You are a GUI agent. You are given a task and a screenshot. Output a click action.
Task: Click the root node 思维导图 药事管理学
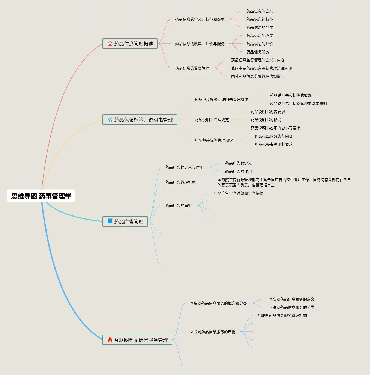point(41,196)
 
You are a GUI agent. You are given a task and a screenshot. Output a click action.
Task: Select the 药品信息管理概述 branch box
point(130,43)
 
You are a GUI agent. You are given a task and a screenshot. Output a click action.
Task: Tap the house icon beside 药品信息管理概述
point(110,43)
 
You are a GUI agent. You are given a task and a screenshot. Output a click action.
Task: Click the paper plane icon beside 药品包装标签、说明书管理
point(110,120)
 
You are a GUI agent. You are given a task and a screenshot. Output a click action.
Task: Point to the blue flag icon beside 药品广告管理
point(110,221)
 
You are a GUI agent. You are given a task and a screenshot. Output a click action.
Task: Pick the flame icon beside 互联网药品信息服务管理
point(110,340)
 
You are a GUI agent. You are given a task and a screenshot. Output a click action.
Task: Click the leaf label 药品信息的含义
point(259,11)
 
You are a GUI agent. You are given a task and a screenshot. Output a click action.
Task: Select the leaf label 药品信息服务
point(258,52)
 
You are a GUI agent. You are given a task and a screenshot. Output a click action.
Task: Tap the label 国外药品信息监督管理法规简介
point(258,76)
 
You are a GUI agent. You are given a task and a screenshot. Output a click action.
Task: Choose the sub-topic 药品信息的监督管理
point(192,68)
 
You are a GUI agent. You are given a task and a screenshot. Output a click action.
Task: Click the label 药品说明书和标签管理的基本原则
point(298,104)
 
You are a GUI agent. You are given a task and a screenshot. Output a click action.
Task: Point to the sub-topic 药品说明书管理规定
point(212,120)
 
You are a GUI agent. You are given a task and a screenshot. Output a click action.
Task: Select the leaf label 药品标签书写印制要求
point(273,144)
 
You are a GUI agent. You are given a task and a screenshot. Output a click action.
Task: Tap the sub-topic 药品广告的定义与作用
point(184,167)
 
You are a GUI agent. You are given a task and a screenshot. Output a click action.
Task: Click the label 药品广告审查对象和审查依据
point(238,193)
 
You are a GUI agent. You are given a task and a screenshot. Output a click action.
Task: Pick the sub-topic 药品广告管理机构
point(180,182)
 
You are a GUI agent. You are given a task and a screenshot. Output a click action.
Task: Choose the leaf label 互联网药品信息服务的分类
point(291,307)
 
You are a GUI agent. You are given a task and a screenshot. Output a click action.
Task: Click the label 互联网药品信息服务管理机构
point(282,315)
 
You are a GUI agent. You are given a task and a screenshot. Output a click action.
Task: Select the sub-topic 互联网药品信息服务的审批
point(212,332)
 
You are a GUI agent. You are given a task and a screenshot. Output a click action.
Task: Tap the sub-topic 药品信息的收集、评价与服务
point(200,44)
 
